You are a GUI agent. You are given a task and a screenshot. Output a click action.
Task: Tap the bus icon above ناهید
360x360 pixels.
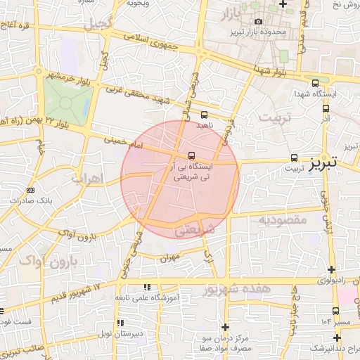pyautogui.click(x=204, y=114)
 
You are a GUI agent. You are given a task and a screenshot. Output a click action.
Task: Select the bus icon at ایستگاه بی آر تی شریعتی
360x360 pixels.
pyautogui.click(x=191, y=156)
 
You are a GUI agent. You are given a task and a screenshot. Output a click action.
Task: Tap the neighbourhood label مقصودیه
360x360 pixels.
pyautogui.click(x=283, y=221)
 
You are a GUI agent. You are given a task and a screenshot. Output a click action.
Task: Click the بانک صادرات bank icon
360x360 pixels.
pyautogui.click(x=30, y=190)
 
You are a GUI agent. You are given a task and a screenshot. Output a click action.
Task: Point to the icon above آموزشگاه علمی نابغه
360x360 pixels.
pyautogui.click(x=147, y=287)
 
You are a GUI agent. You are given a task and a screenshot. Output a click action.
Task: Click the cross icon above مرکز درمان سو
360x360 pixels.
pyautogui.click(x=225, y=327)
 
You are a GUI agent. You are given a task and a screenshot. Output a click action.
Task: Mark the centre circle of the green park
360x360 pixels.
pyautogui.click(x=66, y=103)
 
